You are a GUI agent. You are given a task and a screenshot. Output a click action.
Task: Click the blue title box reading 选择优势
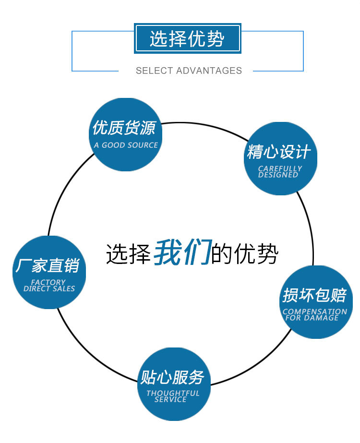[x=187, y=38]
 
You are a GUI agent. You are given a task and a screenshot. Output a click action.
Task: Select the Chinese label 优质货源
[x=124, y=128]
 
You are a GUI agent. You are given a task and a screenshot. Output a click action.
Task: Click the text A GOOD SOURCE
[x=126, y=145]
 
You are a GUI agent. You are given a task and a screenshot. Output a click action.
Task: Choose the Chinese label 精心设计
[x=279, y=152]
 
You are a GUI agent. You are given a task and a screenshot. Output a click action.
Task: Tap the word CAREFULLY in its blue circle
[x=280, y=168]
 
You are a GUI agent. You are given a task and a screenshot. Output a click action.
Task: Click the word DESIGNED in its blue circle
[x=278, y=175]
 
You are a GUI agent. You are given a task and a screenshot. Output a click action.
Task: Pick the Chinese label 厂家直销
[x=47, y=265]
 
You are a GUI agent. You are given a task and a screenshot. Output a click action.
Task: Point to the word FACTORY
[x=48, y=282]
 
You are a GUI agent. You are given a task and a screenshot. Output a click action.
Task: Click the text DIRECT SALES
[x=49, y=289]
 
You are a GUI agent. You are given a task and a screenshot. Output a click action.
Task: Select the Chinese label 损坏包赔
[x=314, y=295]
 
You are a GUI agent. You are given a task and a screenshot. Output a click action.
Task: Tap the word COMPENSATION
[x=314, y=311]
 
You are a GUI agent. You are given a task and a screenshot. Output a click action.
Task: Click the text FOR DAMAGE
[x=312, y=318]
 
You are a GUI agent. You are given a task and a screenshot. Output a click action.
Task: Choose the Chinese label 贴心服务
[x=172, y=377]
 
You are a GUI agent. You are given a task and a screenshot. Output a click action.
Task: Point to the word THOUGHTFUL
[x=173, y=393]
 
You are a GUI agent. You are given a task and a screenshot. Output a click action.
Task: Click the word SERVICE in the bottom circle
[x=170, y=399]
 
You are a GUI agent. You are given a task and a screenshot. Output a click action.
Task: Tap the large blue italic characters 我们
[x=182, y=252]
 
